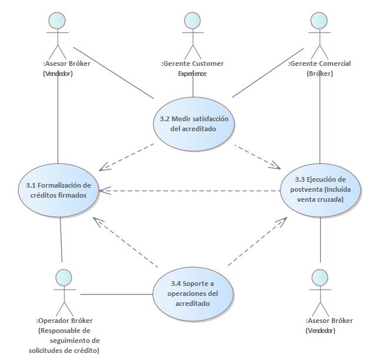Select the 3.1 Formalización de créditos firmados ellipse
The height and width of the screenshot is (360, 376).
coord(58,189)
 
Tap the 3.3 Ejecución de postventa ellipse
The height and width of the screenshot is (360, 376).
coord(320,189)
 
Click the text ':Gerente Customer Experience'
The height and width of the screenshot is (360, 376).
coord(192,68)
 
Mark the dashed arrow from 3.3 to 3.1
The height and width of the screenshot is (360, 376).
coord(188,191)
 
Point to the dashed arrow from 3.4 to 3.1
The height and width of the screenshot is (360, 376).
coord(126,244)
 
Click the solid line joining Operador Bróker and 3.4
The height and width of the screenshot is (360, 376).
coord(116,294)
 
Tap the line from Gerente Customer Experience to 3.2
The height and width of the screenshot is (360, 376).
coord(193,87)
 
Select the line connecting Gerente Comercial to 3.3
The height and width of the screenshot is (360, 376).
coord(320,118)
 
